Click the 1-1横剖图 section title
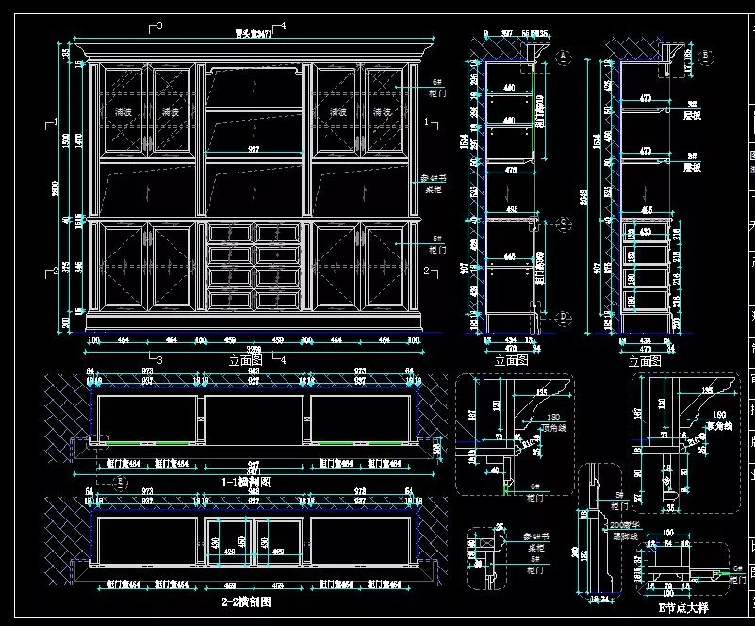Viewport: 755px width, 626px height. coord(245,480)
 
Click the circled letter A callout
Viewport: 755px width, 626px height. coord(564,57)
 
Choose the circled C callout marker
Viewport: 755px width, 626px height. coord(563,223)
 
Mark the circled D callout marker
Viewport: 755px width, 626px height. coord(563,316)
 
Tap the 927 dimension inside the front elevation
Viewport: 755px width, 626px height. coord(254,150)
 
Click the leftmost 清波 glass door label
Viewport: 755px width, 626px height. coord(123,112)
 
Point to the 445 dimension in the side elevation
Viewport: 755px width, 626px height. coord(510,255)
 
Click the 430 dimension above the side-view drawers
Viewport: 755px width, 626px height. coord(645,232)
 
